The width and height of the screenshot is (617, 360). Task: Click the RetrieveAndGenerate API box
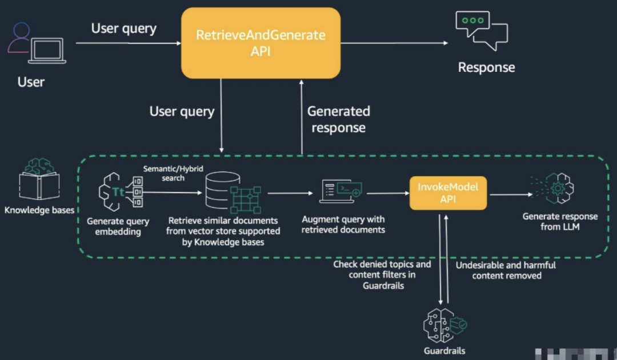tap(261, 43)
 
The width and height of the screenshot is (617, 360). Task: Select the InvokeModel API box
tap(447, 193)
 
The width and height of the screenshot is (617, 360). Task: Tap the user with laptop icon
tap(37, 45)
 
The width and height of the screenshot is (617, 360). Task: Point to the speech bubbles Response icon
tap(480, 31)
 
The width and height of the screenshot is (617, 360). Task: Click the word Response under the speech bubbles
tap(486, 67)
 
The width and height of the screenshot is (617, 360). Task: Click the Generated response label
tap(339, 119)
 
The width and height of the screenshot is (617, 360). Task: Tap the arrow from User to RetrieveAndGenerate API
tap(129, 42)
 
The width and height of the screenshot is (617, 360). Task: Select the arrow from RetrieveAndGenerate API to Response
tap(394, 42)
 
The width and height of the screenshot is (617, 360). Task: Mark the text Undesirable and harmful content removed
tap(506, 270)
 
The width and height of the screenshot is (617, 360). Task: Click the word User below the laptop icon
tap(31, 82)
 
